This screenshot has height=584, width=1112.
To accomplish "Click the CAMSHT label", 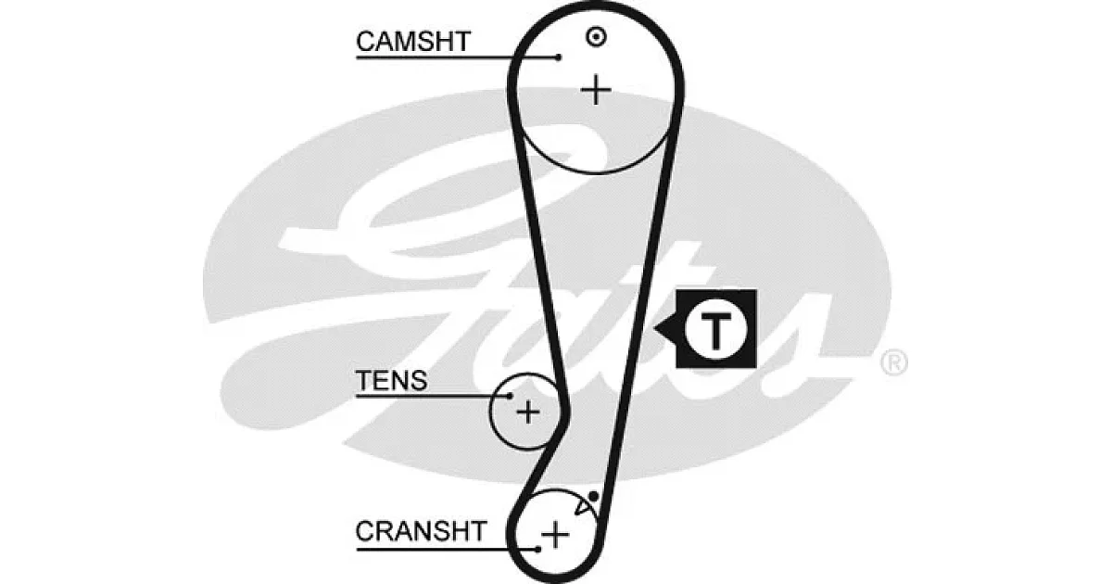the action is (x=413, y=41).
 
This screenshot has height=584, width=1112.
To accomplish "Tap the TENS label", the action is (x=391, y=380).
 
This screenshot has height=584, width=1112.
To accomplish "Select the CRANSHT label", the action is (x=421, y=531).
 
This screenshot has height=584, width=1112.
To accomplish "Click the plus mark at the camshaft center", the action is (x=596, y=90).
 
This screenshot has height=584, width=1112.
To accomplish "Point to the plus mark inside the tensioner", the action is (x=528, y=412).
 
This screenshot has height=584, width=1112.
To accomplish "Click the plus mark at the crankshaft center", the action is (x=555, y=535).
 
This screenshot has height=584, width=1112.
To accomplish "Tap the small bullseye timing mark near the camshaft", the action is (x=596, y=37).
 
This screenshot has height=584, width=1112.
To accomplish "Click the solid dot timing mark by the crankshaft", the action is (x=593, y=496).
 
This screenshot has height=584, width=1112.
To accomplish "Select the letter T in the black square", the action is (x=714, y=331).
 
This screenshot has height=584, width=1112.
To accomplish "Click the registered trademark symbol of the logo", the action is (x=894, y=362).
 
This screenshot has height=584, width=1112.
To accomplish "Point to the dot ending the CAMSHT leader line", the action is (x=559, y=57).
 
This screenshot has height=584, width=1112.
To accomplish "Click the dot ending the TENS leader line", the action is (x=510, y=396).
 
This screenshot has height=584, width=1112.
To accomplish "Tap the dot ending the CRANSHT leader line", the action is (x=538, y=549).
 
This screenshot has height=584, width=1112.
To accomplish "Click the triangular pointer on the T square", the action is (x=666, y=329).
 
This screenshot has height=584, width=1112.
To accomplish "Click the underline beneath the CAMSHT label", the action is (x=457, y=57).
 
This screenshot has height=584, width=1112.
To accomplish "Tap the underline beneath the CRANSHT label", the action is (x=447, y=549).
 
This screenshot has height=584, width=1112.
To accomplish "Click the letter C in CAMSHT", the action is (x=366, y=41).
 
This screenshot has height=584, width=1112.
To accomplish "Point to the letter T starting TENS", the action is (x=364, y=380).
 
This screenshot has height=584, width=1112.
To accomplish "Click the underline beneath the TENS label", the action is (x=433, y=396).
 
